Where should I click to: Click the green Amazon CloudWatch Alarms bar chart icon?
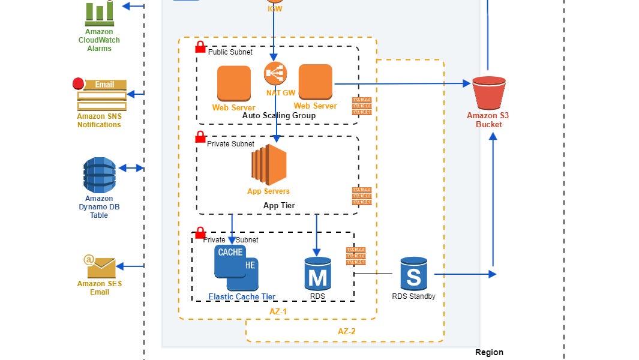click(x=99, y=11)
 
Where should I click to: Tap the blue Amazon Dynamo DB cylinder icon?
click(x=99, y=175)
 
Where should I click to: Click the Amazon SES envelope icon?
click(x=100, y=264)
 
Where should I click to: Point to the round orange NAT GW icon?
click(x=275, y=73)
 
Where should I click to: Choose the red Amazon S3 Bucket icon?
click(x=488, y=92)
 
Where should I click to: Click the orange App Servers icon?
click(x=269, y=165)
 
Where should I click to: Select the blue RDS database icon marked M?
click(x=317, y=274)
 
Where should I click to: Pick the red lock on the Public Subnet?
click(x=200, y=47)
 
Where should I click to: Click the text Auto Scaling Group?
click(x=279, y=115)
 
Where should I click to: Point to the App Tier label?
click(x=279, y=205)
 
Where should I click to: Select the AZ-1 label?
click(x=278, y=311)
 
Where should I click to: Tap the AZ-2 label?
click(x=346, y=331)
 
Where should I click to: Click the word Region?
click(x=489, y=352)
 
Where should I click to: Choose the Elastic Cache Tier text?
click(x=242, y=296)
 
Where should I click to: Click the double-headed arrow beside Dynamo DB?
click(x=131, y=169)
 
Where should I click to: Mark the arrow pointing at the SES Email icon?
click(x=131, y=266)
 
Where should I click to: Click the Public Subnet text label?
click(x=230, y=52)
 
